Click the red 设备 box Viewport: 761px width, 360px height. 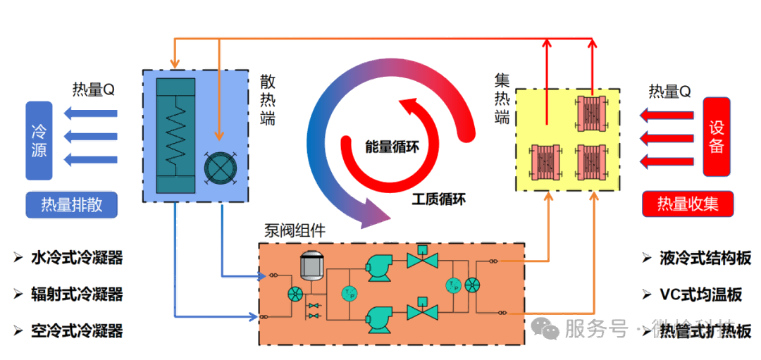(717, 137)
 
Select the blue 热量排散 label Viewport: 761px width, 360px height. (71, 204)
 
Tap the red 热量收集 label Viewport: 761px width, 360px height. (688, 204)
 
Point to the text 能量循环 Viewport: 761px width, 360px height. (392, 147)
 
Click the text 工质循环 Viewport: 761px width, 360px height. (438, 199)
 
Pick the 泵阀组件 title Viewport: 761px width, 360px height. (295, 230)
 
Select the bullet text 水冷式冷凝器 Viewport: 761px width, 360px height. (77, 258)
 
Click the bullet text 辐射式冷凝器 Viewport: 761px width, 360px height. (77, 294)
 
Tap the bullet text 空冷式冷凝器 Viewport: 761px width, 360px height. (77, 330)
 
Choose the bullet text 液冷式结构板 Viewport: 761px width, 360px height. (705, 258)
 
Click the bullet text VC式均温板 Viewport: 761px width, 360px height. (700, 294)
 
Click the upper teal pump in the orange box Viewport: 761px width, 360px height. (383, 266)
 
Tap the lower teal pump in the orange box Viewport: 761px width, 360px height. (383, 317)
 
